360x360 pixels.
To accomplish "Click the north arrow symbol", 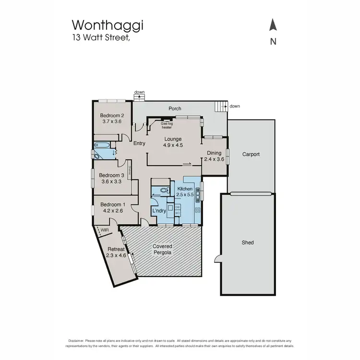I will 273,25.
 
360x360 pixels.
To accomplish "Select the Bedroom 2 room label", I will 112,115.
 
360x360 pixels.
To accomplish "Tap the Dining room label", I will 214,153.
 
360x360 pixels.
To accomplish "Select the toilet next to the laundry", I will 165,190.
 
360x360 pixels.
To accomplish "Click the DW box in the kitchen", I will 177,207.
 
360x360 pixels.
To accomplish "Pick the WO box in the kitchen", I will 177,213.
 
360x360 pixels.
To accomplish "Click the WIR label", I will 105,230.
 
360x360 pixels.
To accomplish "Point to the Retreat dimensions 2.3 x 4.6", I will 116,255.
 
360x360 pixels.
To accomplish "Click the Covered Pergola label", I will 162,249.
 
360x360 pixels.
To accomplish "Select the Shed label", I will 248,243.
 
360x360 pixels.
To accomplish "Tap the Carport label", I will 251,154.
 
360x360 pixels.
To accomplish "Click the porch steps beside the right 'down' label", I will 221,107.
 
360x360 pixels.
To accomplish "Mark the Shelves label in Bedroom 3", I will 130,170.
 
